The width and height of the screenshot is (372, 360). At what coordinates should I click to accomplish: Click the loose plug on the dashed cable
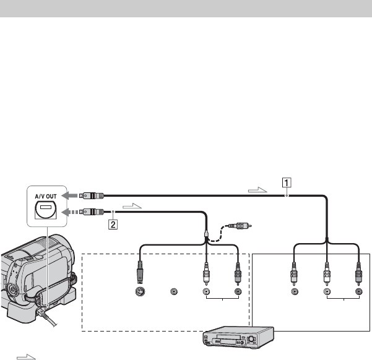(240, 226)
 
